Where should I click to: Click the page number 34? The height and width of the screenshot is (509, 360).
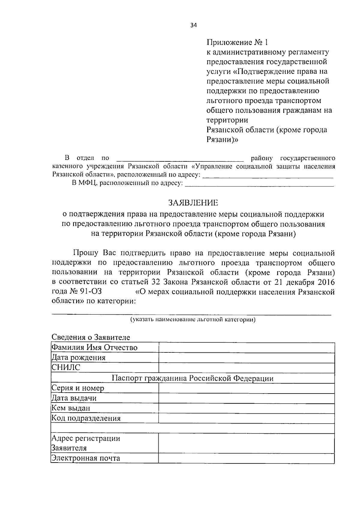193,25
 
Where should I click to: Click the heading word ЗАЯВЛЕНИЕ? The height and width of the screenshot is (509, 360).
193,203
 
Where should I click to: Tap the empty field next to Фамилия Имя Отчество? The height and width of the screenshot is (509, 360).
246,348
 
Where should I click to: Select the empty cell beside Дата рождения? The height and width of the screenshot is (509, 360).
246,358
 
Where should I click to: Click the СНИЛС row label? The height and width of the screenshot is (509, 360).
66,368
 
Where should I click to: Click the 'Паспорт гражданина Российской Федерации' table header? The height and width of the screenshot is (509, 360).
193,378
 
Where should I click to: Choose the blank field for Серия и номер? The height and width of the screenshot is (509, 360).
246,388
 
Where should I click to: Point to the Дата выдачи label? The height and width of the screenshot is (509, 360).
74,398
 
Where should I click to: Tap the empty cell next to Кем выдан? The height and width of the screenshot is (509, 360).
246,409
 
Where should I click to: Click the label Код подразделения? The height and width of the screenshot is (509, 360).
86,418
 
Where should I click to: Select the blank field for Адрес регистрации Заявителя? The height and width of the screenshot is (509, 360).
246,443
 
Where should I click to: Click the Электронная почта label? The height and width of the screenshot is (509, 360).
86,458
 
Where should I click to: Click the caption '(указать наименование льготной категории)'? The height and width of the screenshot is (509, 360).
193,320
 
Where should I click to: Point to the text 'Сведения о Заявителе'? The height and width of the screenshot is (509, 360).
91,337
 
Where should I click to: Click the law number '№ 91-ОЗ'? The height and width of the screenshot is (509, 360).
86,292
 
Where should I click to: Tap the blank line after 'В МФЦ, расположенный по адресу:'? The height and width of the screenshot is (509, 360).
259,183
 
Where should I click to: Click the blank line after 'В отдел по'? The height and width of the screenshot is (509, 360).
180,158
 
